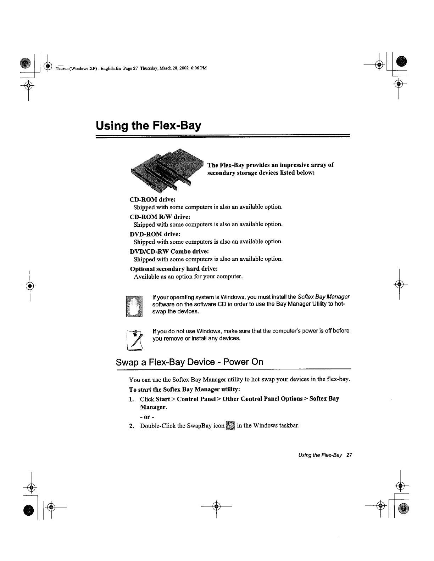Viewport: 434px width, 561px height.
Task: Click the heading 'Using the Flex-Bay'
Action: (148, 126)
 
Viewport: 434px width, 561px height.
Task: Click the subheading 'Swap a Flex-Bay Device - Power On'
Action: (190, 362)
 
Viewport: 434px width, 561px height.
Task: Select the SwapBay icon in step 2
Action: (230, 425)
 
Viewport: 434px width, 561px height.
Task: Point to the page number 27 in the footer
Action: (349, 455)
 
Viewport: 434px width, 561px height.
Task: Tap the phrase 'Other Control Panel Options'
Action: (262, 399)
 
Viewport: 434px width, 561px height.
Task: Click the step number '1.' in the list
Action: (132, 399)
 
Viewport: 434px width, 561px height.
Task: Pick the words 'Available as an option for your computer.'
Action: (188, 276)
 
